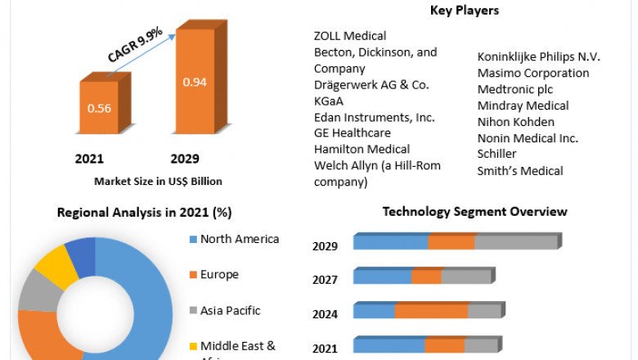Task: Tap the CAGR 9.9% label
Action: click(136, 44)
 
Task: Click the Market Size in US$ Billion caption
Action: click(158, 181)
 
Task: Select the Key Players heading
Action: click(465, 11)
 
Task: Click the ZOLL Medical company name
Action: click(350, 36)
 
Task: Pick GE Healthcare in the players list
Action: click(353, 133)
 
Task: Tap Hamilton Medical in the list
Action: click(362, 149)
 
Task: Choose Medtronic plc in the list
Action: click(517, 89)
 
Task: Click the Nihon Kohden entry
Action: click(516, 122)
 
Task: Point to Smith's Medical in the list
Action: click(520, 171)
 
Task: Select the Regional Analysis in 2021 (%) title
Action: click(144, 213)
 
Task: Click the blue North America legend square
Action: click(193, 240)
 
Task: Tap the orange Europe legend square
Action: click(193, 275)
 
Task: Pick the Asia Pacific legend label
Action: click(231, 310)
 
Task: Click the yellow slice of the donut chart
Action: click(56, 265)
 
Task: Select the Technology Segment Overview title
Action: click(474, 212)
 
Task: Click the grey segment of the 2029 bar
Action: click(515, 242)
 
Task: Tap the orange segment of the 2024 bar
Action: click(431, 311)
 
